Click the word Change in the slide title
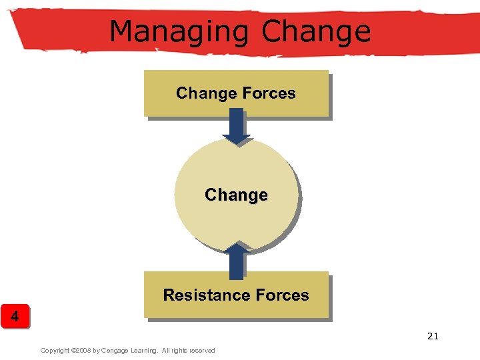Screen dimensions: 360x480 click(x=317, y=31)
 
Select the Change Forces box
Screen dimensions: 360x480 click(x=236, y=93)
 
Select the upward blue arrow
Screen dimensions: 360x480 click(x=236, y=261)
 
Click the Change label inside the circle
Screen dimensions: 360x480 click(x=236, y=195)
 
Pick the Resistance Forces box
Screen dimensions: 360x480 click(x=236, y=295)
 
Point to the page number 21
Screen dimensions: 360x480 click(x=433, y=336)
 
